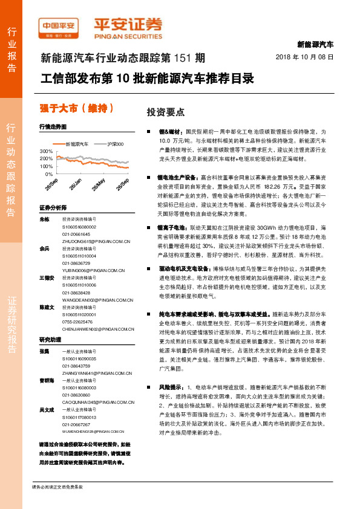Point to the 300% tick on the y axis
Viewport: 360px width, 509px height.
coord(46,151)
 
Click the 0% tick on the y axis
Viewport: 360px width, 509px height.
coord(48,172)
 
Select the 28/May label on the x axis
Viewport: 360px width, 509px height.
coord(99,184)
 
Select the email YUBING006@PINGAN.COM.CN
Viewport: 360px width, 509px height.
coord(87,270)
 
